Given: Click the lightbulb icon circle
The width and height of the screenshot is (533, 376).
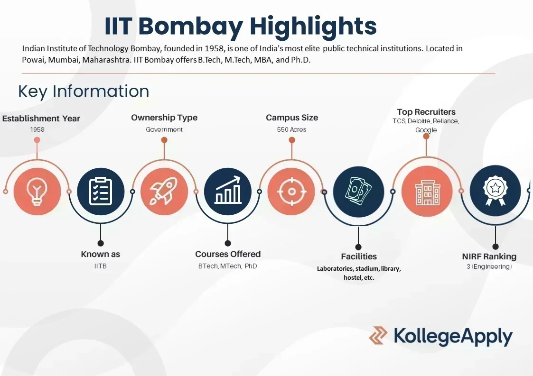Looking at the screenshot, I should (37, 192).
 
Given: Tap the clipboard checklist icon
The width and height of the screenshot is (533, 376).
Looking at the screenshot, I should (101, 192).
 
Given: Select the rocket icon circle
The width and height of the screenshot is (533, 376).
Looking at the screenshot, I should (164, 192).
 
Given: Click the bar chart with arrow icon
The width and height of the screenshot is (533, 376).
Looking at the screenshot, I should (228, 192).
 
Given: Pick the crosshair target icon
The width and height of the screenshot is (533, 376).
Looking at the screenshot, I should (291, 192).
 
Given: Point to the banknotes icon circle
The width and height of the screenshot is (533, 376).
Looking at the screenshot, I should (358, 192).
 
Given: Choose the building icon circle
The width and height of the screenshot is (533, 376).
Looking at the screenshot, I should (426, 192).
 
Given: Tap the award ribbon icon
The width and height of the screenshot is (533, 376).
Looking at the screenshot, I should (495, 192).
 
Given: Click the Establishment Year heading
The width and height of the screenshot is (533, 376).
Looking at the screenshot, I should (41, 119).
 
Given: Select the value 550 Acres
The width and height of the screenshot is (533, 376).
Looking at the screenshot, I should (291, 129).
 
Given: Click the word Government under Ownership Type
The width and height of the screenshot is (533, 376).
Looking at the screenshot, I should (164, 129).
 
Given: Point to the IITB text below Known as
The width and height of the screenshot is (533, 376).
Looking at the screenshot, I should (100, 266).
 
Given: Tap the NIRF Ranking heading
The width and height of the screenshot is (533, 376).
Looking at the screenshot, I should (489, 257).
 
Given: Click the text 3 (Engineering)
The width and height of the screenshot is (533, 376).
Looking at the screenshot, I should (489, 267).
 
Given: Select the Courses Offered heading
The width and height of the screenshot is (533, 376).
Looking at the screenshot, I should (228, 254).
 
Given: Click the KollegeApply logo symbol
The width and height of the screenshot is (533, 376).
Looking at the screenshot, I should (378, 335).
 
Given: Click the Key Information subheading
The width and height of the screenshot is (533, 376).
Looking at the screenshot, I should (84, 91).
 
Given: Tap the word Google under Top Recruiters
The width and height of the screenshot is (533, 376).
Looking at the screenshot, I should (426, 129).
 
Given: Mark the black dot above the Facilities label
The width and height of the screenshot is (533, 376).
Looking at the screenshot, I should (358, 247).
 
